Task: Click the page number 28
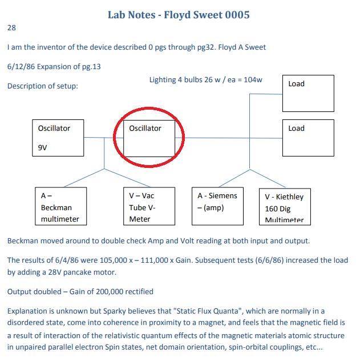point(11,27)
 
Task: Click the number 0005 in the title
point(237,15)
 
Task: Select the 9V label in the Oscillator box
point(43,147)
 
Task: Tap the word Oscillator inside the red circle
point(145,129)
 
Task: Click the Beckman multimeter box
point(60,206)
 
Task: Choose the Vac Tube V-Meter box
point(149,206)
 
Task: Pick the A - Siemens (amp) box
point(217,206)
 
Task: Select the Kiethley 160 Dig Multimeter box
point(285,207)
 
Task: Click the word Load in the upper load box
point(296,83)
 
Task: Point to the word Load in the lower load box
point(296,129)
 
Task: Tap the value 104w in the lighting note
point(253,79)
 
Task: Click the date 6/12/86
point(21,66)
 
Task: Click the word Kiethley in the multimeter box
point(290,196)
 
